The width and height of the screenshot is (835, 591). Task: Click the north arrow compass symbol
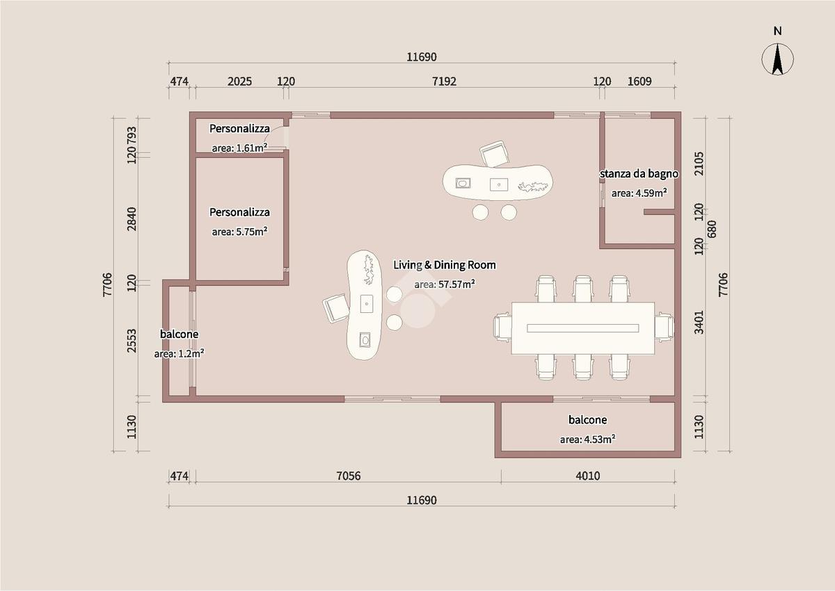pyautogui.click(x=777, y=60)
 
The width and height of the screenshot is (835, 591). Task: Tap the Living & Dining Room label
pyautogui.click(x=445, y=265)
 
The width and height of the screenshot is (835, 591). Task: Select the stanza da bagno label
pyautogui.click(x=639, y=174)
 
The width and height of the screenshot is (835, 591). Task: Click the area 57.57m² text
pyautogui.click(x=445, y=284)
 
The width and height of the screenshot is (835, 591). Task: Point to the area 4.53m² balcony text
pyautogui.click(x=587, y=439)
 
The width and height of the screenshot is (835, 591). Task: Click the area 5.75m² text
pyautogui.click(x=239, y=232)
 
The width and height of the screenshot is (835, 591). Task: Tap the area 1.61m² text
pyautogui.click(x=239, y=148)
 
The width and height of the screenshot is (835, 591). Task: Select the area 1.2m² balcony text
pyautogui.click(x=179, y=353)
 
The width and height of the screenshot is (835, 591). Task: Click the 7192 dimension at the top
pyautogui.click(x=444, y=81)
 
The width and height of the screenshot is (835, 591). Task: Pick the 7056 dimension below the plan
pyautogui.click(x=348, y=476)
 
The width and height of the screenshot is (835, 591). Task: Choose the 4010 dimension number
pyautogui.click(x=588, y=476)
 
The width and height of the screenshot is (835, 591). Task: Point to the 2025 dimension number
pyautogui.click(x=239, y=81)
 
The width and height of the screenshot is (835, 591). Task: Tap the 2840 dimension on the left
pyautogui.click(x=132, y=219)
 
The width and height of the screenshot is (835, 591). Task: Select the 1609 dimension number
pyautogui.click(x=639, y=81)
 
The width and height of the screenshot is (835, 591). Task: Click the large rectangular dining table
pyautogui.click(x=582, y=328)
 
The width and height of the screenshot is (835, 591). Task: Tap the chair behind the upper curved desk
pyautogui.click(x=494, y=154)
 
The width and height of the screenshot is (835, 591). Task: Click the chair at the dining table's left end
pyautogui.click(x=502, y=327)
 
